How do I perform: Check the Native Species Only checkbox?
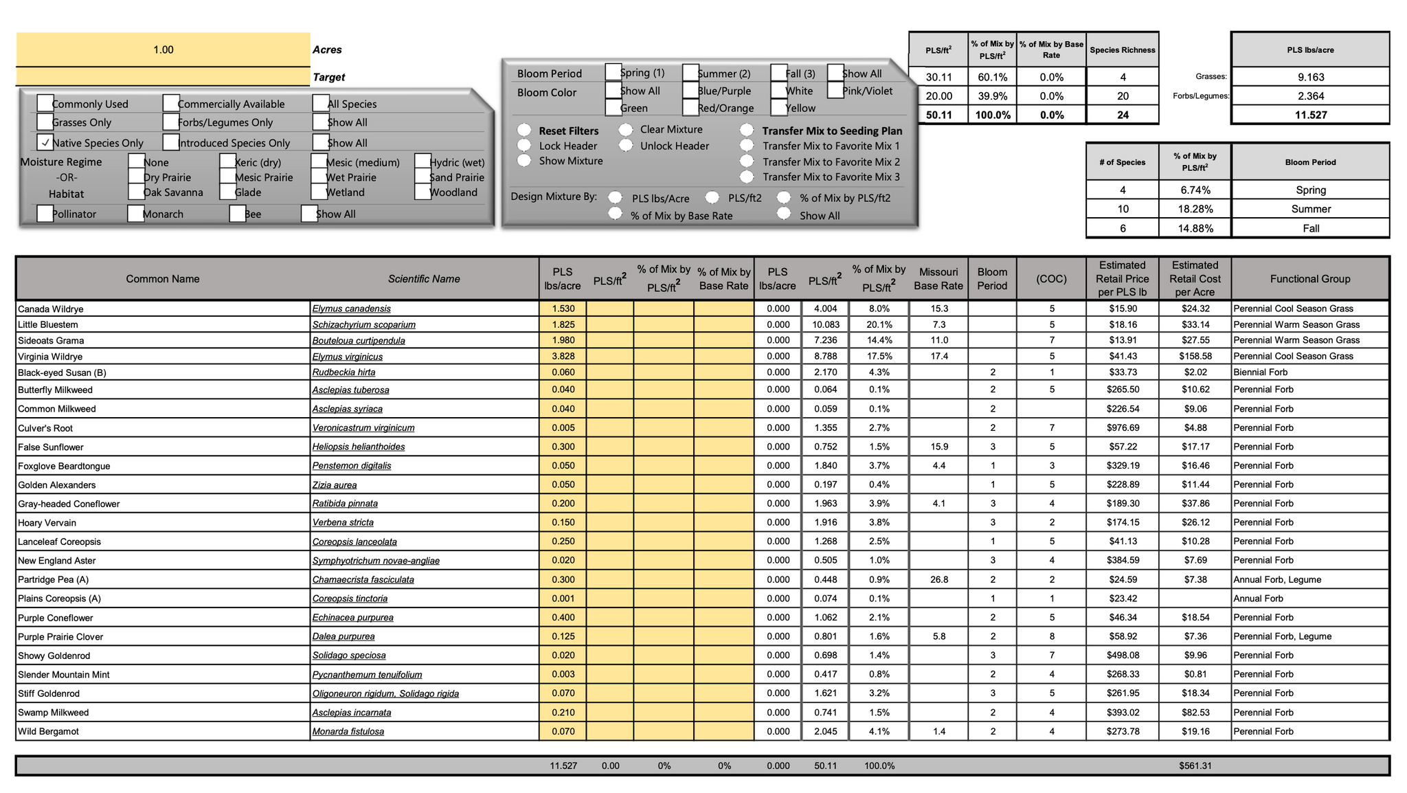point(45,142)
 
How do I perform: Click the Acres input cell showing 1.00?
point(163,49)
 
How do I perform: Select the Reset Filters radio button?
point(525,130)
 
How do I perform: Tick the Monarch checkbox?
point(136,214)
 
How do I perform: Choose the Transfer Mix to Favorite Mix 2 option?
point(747,161)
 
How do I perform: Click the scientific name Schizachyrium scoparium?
point(363,324)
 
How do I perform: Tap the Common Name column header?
point(163,278)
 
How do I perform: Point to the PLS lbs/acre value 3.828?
point(563,356)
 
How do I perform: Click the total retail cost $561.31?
point(1195,766)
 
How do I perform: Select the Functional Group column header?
point(1309,278)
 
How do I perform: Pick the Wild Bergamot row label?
point(49,731)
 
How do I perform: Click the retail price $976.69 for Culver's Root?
point(1123,427)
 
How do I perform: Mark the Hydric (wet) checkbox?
point(423,162)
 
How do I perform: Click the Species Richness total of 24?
point(1123,115)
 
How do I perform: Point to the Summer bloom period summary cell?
point(1310,209)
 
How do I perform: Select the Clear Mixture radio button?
point(626,129)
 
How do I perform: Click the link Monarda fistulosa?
point(348,731)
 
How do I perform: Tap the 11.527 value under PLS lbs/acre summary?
point(1310,115)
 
